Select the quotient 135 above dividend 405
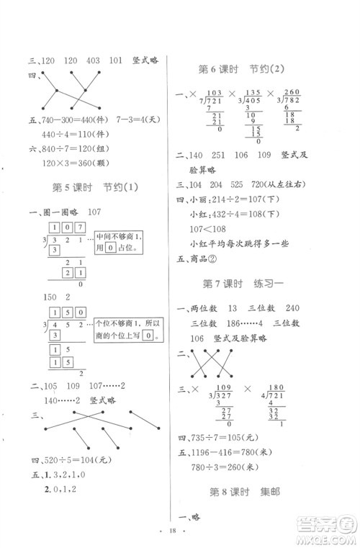tap(253, 92)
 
